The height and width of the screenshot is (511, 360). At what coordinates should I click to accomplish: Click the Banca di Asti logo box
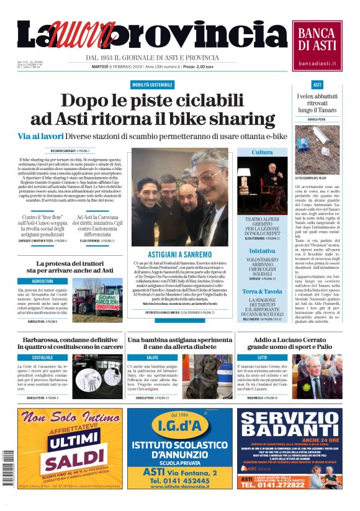pos(317,45)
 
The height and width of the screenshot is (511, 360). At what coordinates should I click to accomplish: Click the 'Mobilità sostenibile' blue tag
pos(152,84)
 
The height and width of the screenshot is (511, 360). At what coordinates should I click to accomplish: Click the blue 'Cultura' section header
pos(262,152)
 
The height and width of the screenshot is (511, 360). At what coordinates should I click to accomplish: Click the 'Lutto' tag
pos(262,358)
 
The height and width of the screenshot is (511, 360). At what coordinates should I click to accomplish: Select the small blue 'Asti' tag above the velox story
pos(317,84)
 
